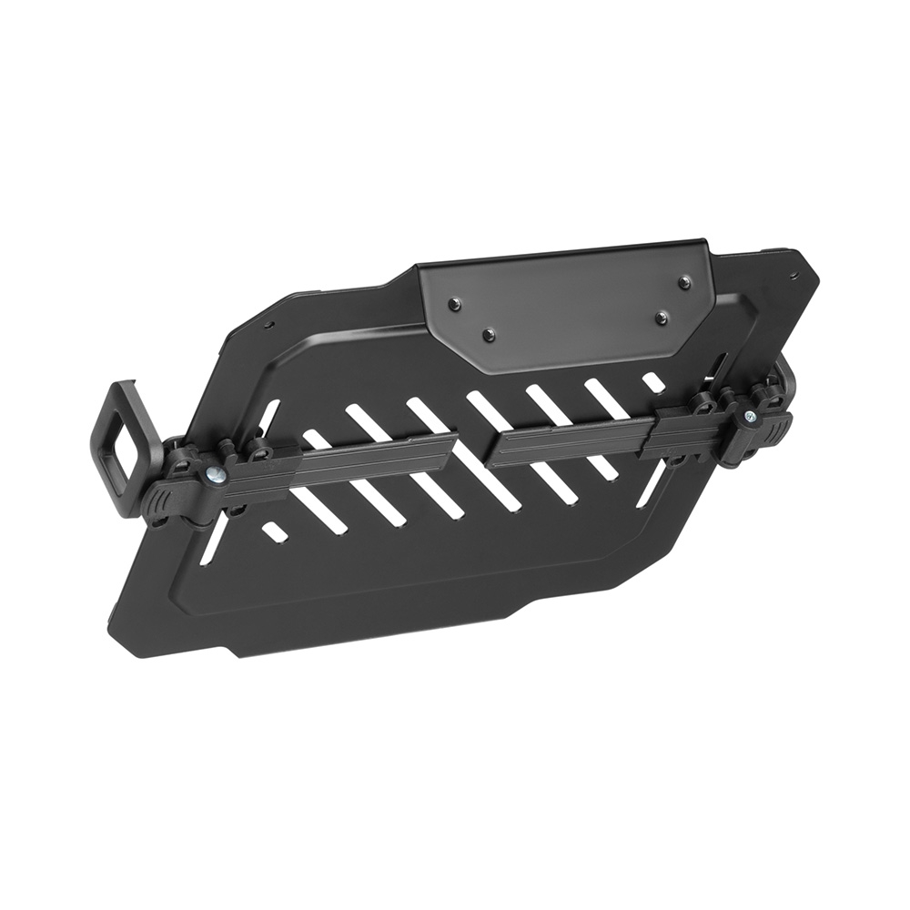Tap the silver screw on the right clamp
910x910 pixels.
[x=749, y=416]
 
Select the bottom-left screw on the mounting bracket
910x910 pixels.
[x=490, y=334]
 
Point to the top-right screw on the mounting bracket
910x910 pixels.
[x=683, y=283]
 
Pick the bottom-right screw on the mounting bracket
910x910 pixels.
[x=662, y=318]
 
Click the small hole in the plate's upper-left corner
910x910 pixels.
[x=268, y=324]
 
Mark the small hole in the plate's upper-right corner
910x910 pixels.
[x=794, y=274]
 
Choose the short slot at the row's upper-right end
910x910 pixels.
[x=652, y=381]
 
